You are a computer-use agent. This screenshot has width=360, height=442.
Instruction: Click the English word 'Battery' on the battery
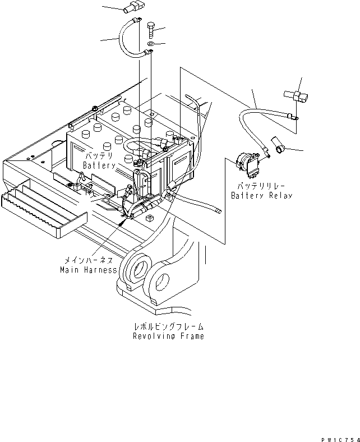pyautogui.click(x=99, y=165)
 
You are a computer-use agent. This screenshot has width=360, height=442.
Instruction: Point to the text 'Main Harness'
pyautogui.click(x=88, y=270)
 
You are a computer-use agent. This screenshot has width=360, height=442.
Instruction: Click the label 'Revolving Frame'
pyautogui.click(x=168, y=336)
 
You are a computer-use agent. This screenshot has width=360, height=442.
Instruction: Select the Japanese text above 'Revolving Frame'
pyautogui.click(x=168, y=326)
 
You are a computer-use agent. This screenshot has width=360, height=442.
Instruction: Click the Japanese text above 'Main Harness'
pyautogui.click(x=88, y=260)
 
